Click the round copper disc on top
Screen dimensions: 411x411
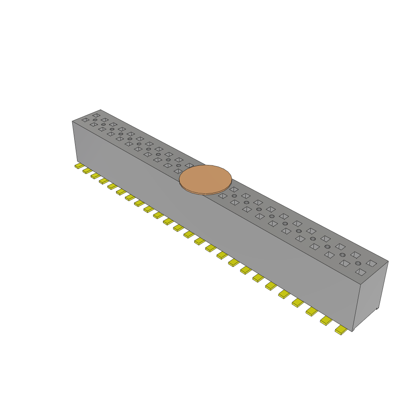click(205, 179)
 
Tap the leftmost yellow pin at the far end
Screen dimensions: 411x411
click(79, 166)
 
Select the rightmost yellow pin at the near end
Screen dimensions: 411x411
click(341, 330)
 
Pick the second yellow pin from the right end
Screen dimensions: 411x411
click(326, 320)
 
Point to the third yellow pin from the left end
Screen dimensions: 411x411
click(96, 176)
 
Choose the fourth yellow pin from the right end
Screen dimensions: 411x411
click(298, 302)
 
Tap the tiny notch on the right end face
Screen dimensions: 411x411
click(377, 309)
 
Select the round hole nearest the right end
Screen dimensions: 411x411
click(358, 264)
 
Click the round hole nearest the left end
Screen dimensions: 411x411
click(95, 120)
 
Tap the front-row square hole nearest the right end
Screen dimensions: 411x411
click(361, 272)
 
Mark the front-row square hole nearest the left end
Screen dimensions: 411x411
click(85, 120)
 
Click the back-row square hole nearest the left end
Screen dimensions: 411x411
click(96, 115)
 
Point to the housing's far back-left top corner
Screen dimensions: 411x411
click(100, 110)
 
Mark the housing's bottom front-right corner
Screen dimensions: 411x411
click(352, 332)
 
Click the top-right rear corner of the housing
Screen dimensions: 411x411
click(388, 261)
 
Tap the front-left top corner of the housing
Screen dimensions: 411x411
click(72, 121)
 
